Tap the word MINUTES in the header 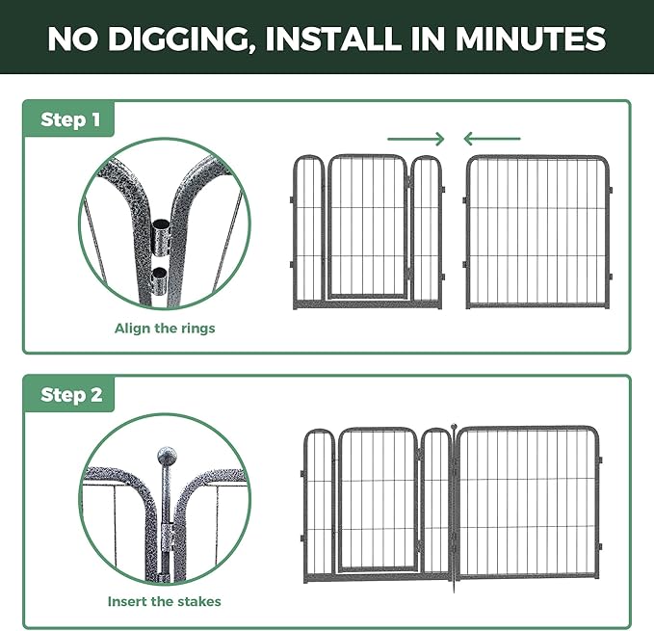coord(530,39)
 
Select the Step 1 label coord(70,119)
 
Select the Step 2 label coord(71,395)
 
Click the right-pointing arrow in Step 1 coord(416,139)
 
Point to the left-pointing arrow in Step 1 coord(492,139)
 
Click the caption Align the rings coord(165,329)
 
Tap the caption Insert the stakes coord(165,601)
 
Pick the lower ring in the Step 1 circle coord(159,281)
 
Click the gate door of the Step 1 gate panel coord(368,226)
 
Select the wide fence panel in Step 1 coord(537,231)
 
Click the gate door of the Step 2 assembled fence coord(378,499)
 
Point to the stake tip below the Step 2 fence coord(454,589)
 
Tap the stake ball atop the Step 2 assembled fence coord(454,427)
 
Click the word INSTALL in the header coord(334,39)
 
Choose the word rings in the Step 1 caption coord(196,329)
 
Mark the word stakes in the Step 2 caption coord(199,601)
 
